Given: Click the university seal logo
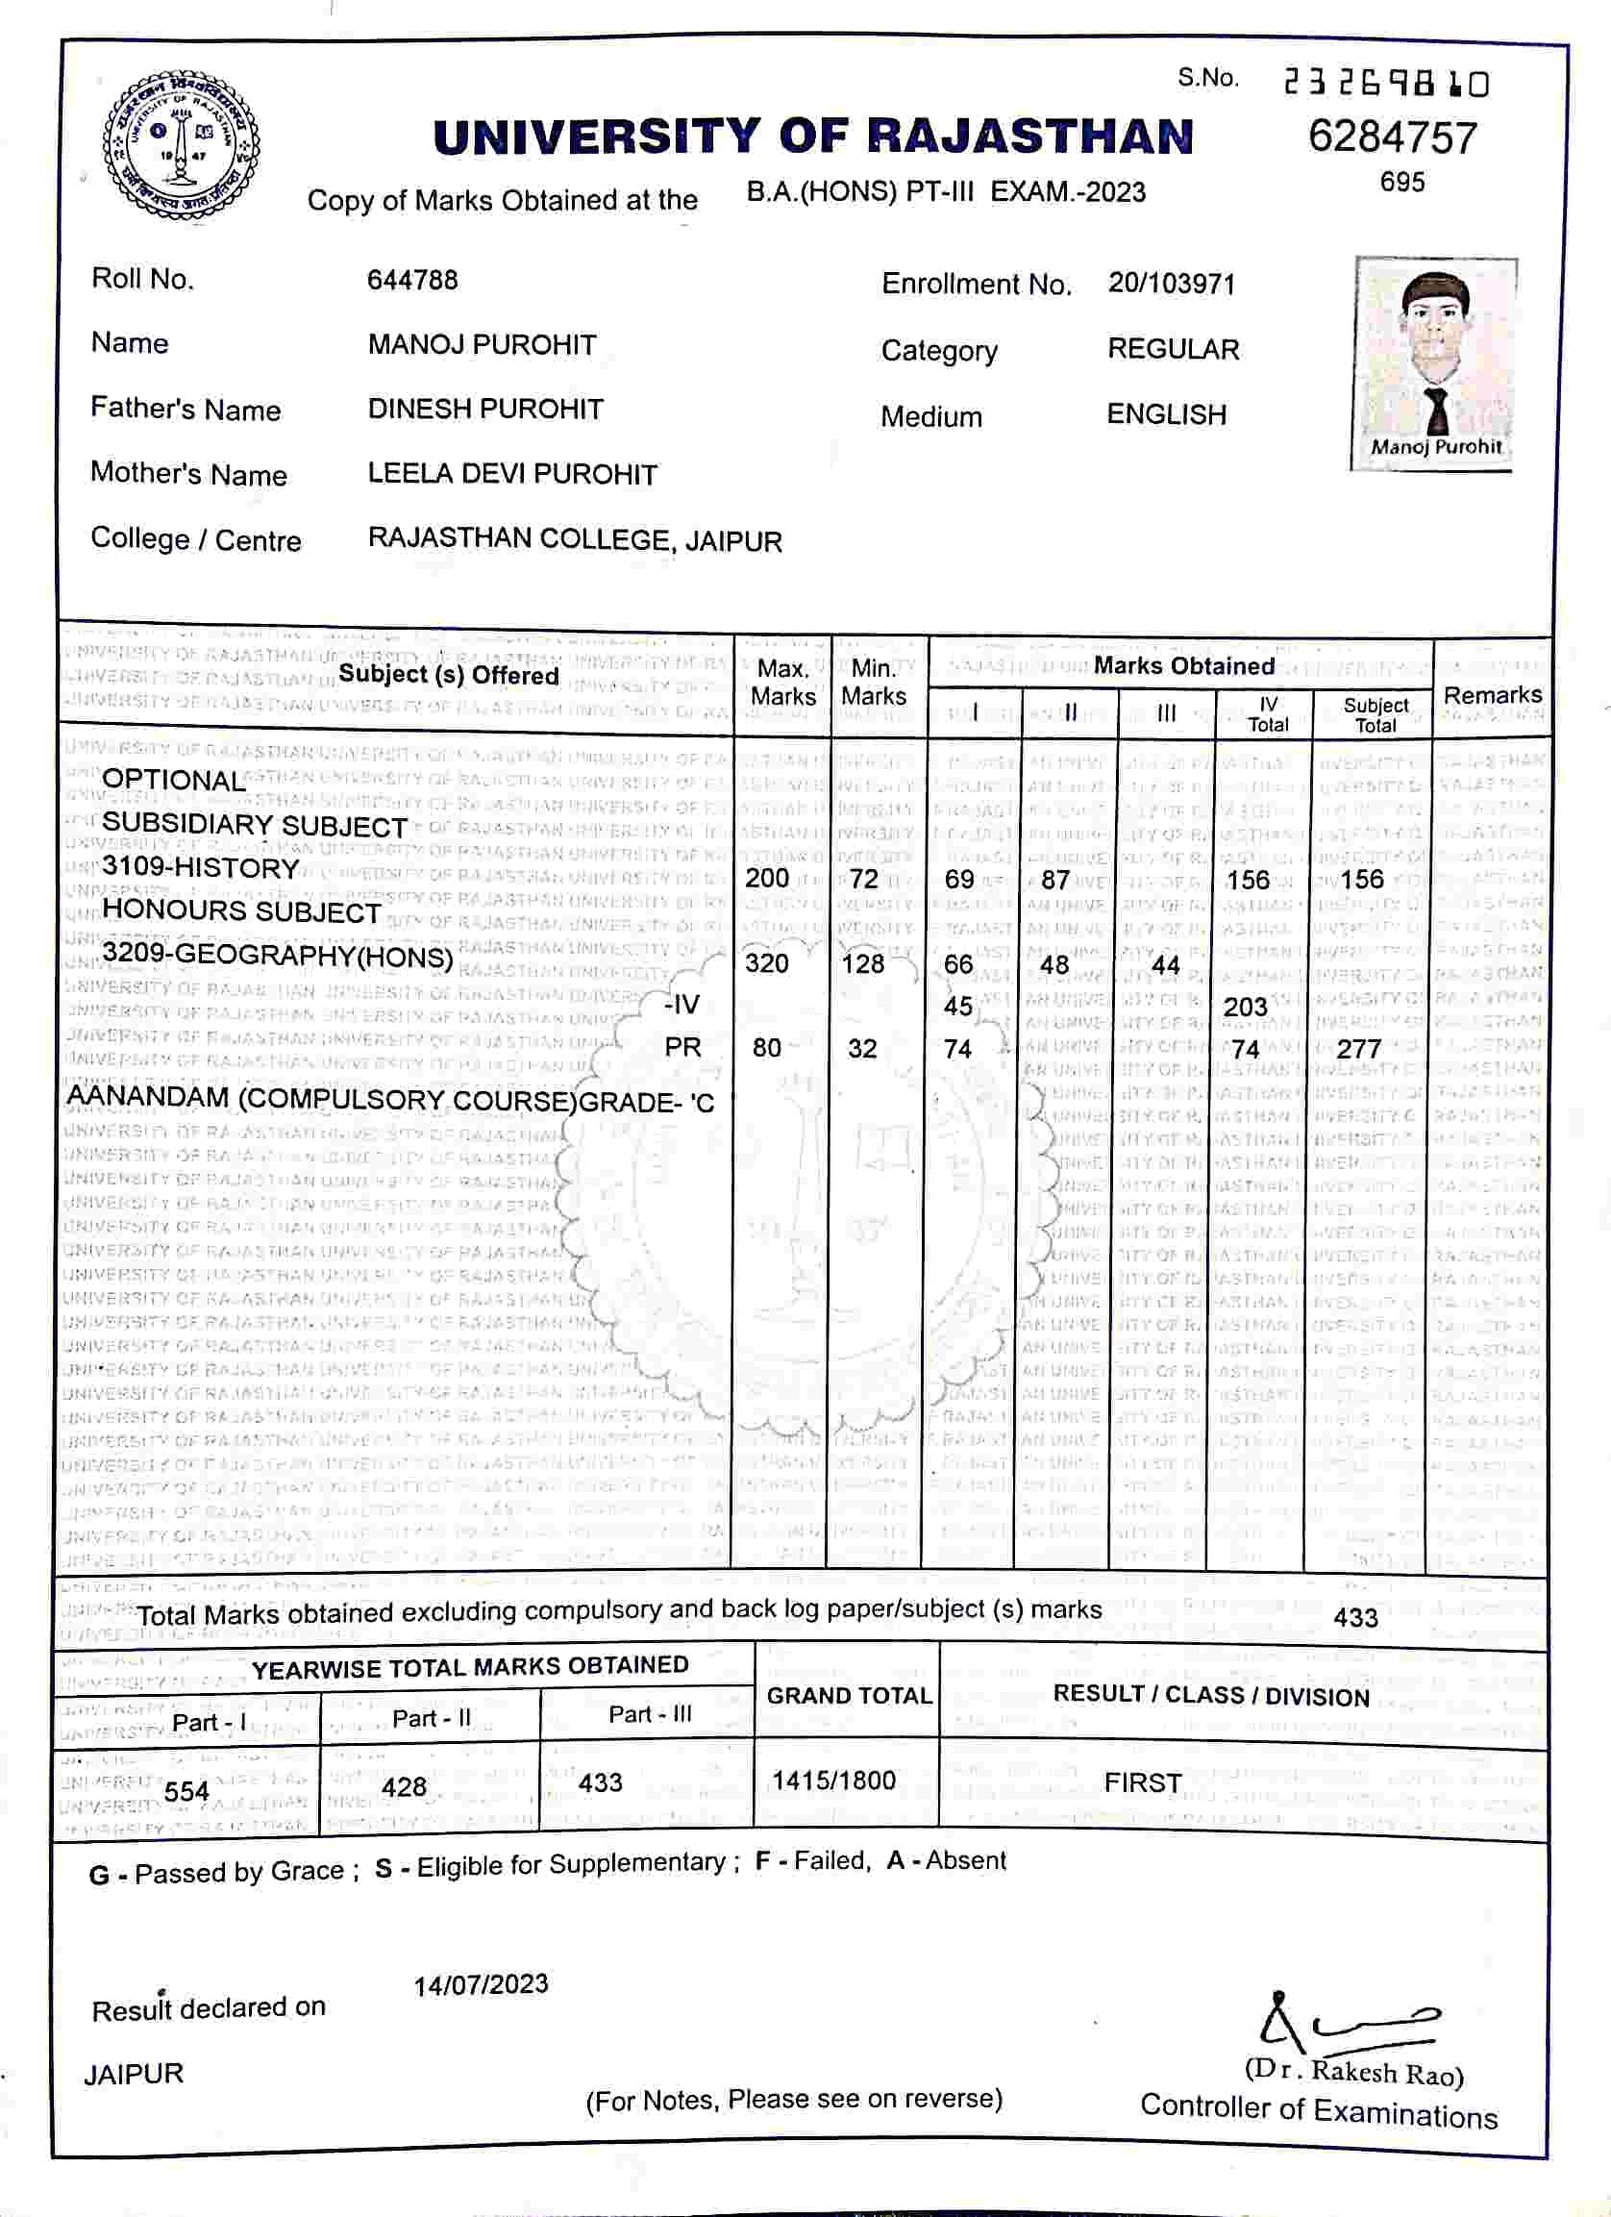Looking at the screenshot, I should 182,144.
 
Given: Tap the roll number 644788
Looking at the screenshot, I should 412,281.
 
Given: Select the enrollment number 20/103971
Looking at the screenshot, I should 1171,285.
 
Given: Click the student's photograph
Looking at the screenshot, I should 1434,361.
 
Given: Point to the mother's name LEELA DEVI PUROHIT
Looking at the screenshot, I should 512,474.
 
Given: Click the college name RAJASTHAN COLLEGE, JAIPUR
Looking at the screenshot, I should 575,539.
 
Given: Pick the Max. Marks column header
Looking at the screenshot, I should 783,683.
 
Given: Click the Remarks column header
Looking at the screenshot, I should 1492,695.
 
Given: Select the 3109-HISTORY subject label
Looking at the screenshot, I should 200,867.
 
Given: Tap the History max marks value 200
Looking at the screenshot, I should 766,878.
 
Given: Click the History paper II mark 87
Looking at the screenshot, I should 1054,880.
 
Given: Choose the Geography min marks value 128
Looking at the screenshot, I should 862,964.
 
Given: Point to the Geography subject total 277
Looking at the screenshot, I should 1359,1049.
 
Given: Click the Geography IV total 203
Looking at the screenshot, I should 1246,1007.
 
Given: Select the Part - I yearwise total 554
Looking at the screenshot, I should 186,1791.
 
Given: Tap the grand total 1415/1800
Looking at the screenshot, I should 833,1781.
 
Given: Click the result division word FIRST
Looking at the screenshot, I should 1143,1783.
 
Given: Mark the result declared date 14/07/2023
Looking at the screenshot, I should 481,1984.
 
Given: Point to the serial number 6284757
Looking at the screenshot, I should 1392,137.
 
